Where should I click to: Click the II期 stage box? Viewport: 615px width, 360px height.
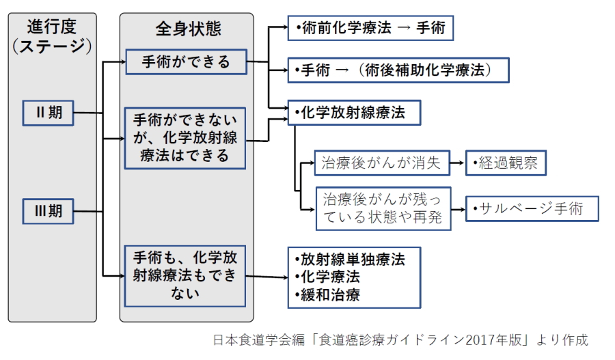pos(48,113)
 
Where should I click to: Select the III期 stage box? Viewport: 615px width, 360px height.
pos(48,211)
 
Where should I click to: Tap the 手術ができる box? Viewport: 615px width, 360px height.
pos(186,62)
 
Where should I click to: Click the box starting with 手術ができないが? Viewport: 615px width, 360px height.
pos(184,139)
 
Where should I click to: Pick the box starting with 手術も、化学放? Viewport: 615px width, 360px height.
pos(184,276)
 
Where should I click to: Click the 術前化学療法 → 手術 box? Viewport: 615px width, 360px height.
pos(370,28)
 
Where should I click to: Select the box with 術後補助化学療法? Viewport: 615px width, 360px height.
pos(398,70)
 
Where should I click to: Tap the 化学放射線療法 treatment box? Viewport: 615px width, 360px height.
pos(354,113)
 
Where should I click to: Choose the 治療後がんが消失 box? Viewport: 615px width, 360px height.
pos(382,163)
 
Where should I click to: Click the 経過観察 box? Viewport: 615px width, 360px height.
pos(506,163)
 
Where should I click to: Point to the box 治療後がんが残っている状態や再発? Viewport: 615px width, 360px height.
pos(383,208)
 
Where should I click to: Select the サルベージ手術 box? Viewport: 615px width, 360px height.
pos(532,208)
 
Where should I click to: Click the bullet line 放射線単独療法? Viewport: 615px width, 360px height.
pos(351,259)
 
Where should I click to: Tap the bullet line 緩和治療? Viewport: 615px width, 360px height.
pos(328,295)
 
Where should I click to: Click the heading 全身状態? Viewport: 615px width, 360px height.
pos(189,29)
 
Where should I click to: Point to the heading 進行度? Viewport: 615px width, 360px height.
pos(52,27)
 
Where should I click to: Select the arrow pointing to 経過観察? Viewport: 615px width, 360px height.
pos(458,163)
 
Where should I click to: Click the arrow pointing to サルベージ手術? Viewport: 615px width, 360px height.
pos(458,210)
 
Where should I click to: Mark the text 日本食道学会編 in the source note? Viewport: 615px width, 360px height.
pos(259,340)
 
